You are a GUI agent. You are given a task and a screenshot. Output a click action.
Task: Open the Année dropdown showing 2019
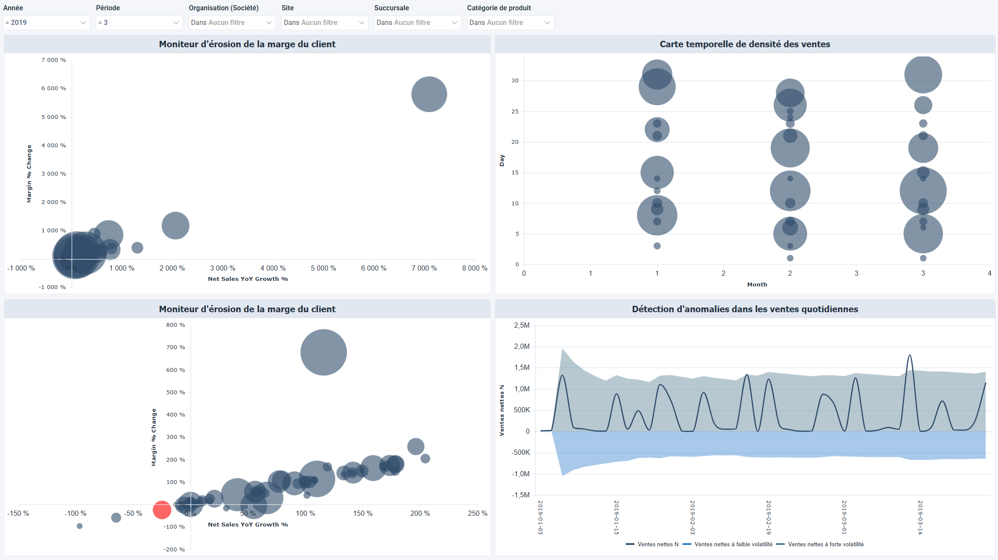(46, 22)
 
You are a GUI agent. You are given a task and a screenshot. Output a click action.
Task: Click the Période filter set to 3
(138, 22)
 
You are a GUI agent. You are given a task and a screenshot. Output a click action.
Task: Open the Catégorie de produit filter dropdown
(510, 22)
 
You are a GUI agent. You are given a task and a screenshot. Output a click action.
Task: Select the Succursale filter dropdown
(417, 22)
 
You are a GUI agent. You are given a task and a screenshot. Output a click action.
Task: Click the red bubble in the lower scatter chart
(162, 510)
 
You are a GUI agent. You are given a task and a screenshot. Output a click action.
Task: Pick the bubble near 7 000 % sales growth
(429, 94)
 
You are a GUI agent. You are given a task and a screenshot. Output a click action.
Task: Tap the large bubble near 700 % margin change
(323, 352)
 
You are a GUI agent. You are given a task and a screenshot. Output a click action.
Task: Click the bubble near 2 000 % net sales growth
(175, 225)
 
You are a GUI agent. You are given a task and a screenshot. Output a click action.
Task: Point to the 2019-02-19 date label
(768, 517)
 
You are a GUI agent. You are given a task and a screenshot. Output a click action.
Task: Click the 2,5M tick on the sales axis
(521, 325)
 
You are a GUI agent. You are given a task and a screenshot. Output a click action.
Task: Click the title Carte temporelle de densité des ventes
(744, 44)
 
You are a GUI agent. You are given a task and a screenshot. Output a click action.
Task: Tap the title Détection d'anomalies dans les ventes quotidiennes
(744, 309)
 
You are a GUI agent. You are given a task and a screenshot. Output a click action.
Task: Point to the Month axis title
(757, 284)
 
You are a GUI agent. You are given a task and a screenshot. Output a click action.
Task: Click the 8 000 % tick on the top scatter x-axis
(474, 268)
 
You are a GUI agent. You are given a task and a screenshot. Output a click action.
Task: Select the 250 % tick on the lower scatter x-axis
(477, 513)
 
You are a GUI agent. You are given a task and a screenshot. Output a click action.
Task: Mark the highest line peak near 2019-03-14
(909, 355)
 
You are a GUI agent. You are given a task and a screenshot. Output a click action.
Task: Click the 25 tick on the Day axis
(514, 111)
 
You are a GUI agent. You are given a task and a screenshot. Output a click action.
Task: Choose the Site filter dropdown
(324, 22)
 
